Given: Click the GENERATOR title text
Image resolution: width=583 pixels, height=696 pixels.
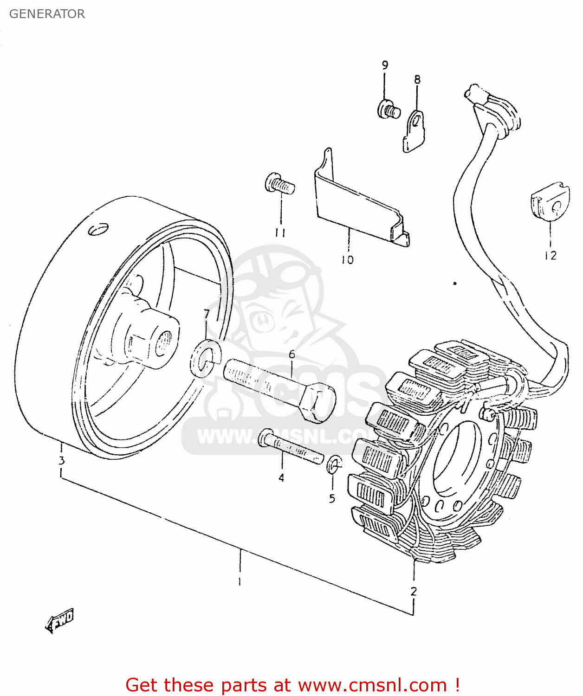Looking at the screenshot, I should (47, 14).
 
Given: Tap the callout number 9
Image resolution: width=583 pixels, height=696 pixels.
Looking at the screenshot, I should (385, 65).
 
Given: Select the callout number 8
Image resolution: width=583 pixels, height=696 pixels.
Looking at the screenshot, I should (417, 79).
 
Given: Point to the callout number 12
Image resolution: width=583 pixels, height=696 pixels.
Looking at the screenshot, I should (550, 255).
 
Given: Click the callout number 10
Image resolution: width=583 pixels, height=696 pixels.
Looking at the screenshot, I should (348, 260).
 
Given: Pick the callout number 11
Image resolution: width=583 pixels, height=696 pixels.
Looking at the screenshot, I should (280, 232).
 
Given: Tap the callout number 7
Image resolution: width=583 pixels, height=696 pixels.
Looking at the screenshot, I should (207, 314).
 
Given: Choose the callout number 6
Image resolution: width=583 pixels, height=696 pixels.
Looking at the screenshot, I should (291, 354).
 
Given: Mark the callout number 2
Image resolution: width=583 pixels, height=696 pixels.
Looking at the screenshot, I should (413, 591).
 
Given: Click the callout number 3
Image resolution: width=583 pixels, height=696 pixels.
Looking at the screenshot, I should (61, 461).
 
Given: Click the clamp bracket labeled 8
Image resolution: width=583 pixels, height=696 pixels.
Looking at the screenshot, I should (414, 131).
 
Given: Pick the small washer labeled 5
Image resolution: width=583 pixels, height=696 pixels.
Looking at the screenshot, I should (334, 464).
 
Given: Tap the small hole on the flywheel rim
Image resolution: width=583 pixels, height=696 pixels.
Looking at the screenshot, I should (98, 229).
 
